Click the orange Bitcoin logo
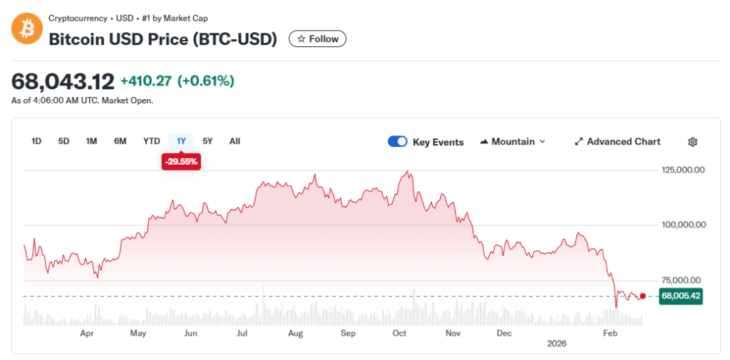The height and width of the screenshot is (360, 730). pos(27,29)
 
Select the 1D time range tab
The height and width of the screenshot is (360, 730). pos(36,141)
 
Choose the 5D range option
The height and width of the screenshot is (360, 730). pos(63,141)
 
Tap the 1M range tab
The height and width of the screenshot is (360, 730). pos(91,141)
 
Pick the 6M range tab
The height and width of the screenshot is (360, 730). pos(120,141)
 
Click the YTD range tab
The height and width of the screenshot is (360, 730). pos(151,141)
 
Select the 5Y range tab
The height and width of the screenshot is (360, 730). pos(207,141)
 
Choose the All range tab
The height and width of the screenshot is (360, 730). pos(235,141)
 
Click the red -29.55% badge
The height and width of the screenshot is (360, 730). pos(181,162)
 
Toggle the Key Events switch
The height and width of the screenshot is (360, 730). pos(397,142)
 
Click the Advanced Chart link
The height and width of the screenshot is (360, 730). pos(617,142)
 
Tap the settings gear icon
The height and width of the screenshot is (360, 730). pos(692,142)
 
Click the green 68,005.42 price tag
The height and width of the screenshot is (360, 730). pos(681,296)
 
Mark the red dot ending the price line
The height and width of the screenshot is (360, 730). pos(643,296)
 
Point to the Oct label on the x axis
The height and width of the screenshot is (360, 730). pos(399,333)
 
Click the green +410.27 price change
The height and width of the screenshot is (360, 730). pos(146,81)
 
